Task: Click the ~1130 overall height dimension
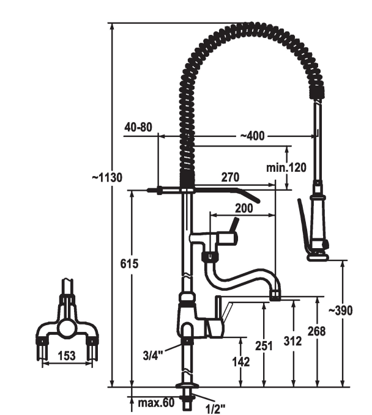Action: click(107, 178)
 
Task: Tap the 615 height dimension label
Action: click(129, 263)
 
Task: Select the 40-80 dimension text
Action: click(138, 127)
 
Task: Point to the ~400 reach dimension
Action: click(252, 136)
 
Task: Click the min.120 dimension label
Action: click(286, 167)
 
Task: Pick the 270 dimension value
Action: click(230, 177)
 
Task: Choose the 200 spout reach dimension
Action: click(244, 208)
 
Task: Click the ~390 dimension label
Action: click(340, 310)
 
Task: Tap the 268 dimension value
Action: click(316, 331)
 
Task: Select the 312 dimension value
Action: click(293, 341)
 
